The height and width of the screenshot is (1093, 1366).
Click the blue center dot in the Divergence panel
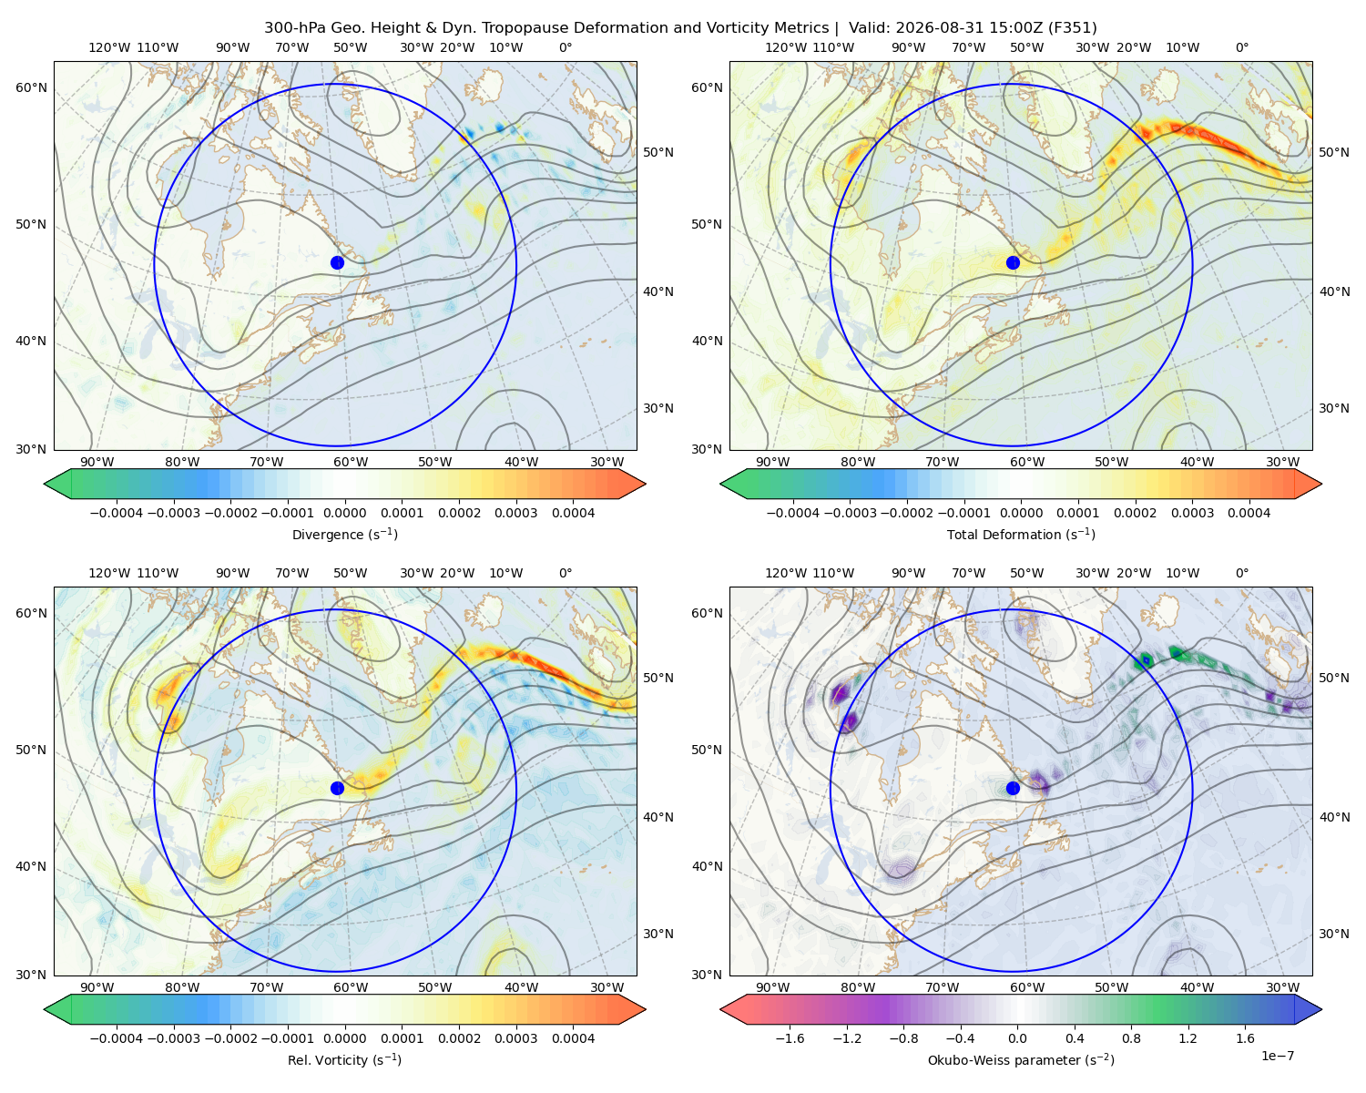(x=337, y=262)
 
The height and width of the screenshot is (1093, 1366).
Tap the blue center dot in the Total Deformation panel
(x=1013, y=262)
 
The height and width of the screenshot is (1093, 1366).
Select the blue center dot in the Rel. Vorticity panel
(x=337, y=788)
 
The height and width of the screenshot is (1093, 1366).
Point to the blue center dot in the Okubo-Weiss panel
(x=1013, y=788)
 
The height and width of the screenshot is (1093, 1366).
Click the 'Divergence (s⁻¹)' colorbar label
(x=344, y=534)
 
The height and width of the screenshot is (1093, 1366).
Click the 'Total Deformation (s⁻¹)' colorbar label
(x=1021, y=534)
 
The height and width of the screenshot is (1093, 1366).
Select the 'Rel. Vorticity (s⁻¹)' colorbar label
(x=344, y=1059)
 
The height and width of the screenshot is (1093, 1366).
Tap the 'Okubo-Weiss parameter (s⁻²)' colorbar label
(x=1021, y=1059)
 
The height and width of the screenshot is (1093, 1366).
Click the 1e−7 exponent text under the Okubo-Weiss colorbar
(x=1277, y=1056)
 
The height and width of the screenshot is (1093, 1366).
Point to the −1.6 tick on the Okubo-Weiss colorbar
(x=790, y=1037)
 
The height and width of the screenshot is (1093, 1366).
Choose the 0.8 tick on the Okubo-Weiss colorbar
(x=1131, y=1037)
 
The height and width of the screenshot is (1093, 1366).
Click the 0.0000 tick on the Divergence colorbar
(x=344, y=513)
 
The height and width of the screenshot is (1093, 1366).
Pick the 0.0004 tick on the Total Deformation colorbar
(x=1249, y=513)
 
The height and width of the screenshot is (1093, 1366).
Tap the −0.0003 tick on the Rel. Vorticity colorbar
(x=173, y=1037)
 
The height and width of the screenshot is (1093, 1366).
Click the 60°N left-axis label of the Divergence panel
(x=31, y=87)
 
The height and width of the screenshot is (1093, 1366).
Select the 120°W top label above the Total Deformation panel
(x=785, y=47)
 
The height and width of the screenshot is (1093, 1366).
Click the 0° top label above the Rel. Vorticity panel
(x=566, y=572)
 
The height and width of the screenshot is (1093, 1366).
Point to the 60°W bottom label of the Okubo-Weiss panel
(x=1027, y=987)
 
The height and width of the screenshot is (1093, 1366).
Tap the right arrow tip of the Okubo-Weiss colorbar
(x=1321, y=1008)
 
